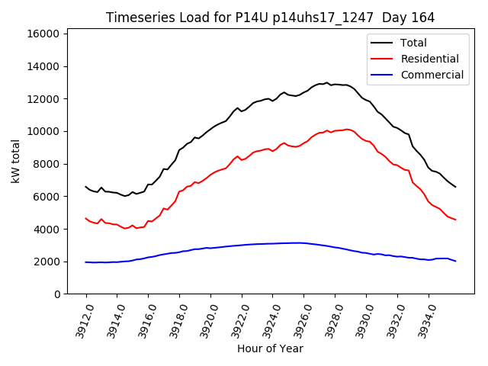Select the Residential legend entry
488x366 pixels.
(x=429, y=59)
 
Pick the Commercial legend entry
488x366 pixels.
(x=432, y=75)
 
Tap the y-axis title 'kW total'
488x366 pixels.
(x=15, y=163)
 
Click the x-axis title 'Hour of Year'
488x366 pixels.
(x=270, y=348)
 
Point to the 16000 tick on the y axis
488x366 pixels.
(x=44, y=34)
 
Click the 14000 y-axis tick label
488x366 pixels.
(x=44, y=66)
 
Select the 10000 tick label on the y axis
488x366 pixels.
(x=44, y=131)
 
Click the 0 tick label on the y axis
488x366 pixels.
(x=58, y=294)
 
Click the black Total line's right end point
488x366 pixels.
(x=455, y=187)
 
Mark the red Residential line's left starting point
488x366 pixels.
(x=86, y=218)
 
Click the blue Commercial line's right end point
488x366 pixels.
(x=455, y=262)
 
